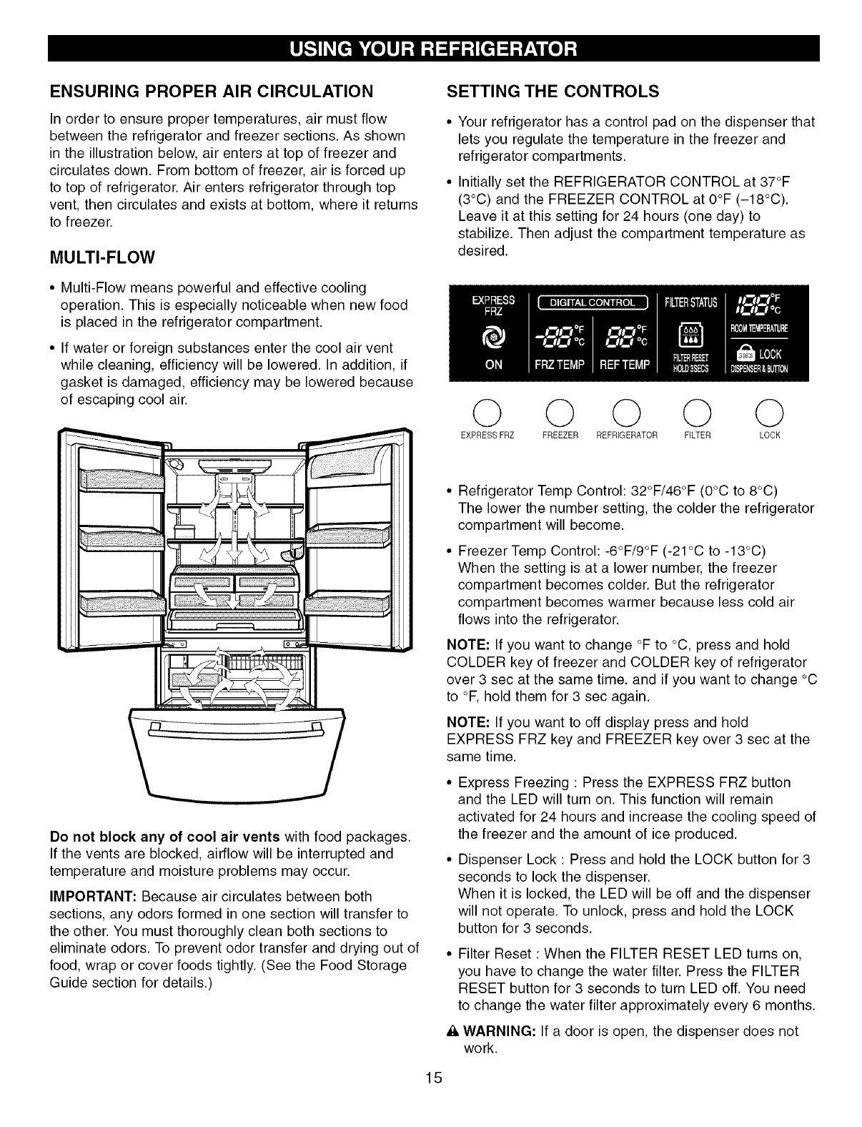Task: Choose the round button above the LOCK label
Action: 773,413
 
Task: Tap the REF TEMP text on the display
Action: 623,365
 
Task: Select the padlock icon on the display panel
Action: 750,354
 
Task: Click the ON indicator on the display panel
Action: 493,365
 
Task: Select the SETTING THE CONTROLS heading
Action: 551,92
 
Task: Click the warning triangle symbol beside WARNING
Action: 450,1032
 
